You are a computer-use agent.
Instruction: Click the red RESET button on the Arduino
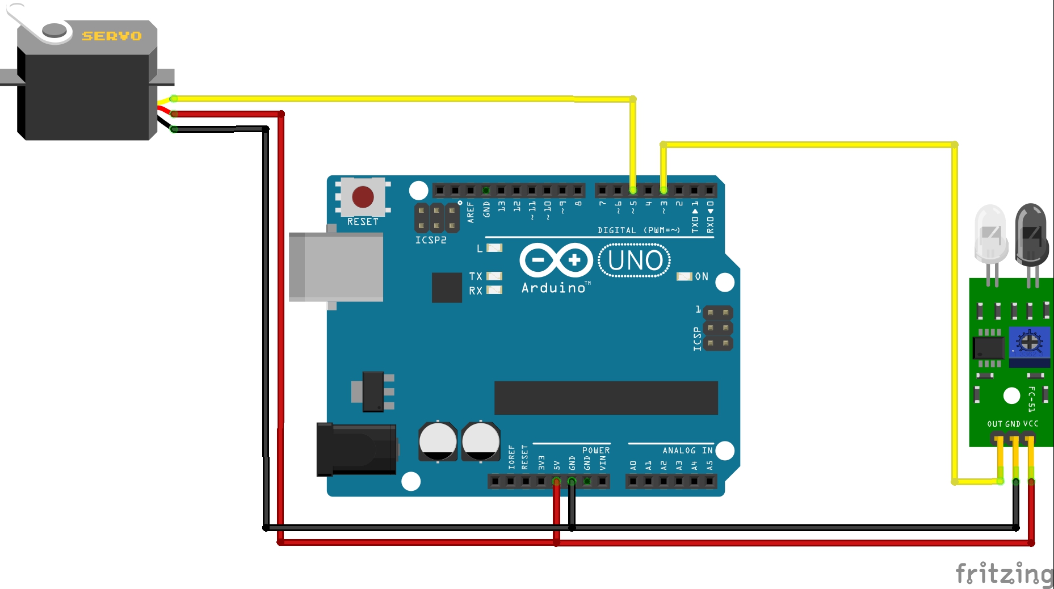(x=363, y=197)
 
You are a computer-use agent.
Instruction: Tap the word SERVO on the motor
(x=112, y=36)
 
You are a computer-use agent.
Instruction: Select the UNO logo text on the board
(x=635, y=260)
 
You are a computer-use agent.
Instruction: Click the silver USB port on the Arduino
(x=335, y=267)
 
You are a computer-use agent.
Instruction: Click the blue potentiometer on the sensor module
(x=1028, y=343)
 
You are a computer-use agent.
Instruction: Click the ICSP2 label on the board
(x=431, y=240)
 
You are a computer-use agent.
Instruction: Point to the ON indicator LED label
(x=702, y=276)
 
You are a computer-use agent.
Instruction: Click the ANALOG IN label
(x=687, y=451)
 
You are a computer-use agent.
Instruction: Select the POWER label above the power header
(x=596, y=451)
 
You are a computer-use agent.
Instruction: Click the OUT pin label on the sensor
(x=994, y=424)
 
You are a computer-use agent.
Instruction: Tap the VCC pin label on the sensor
(x=1031, y=424)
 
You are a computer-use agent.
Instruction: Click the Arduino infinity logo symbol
(x=556, y=260)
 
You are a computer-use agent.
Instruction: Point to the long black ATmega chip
(x=606, y=398)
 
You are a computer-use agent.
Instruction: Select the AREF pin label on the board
(x=471, y=212)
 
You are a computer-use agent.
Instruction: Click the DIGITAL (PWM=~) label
(x=639, y=230)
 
